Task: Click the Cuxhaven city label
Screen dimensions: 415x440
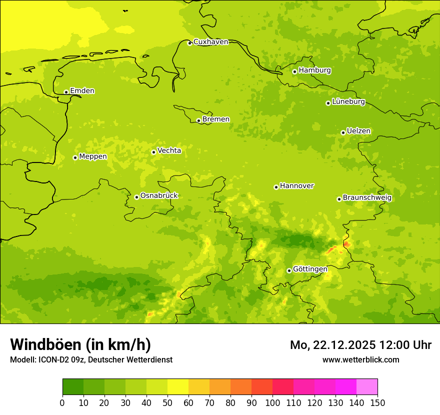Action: pos(210,42)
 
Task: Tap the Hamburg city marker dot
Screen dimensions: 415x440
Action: pos(294,71)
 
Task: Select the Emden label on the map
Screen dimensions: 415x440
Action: pos(82,91)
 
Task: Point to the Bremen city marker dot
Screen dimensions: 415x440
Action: pos(198,120)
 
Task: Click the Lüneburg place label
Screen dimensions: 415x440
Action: pos(348,102)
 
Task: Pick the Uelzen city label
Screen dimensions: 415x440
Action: pos(358,131)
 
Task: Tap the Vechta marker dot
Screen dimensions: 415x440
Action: pos(153,152)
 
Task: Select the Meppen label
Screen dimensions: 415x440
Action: pos(93,156)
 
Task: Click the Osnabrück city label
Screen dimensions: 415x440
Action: pos(159,196)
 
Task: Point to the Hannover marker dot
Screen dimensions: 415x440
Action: pos(276,187)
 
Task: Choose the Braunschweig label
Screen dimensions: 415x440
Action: pos(367,198)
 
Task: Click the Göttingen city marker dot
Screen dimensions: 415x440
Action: pos(289,270)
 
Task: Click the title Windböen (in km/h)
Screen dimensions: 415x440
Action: pos(80,344)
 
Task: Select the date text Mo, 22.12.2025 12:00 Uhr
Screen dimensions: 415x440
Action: pos(360,345)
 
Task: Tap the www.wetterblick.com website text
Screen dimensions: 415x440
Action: pos(360,360)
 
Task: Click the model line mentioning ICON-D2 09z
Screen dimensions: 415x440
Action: pos(91,360)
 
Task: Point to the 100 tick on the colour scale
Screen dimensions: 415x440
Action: pos(272,402)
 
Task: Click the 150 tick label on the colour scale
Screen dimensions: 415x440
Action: pos(377,402)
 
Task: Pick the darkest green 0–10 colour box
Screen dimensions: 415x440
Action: pos(73,387)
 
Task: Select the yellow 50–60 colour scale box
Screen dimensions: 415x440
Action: pos(178,387)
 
